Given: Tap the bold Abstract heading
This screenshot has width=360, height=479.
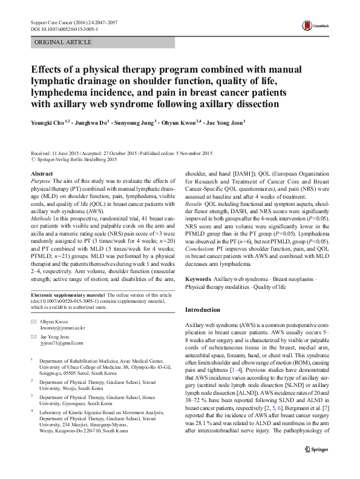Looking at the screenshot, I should tap(41, 174).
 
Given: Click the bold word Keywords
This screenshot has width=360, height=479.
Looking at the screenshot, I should tap(198, 278).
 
